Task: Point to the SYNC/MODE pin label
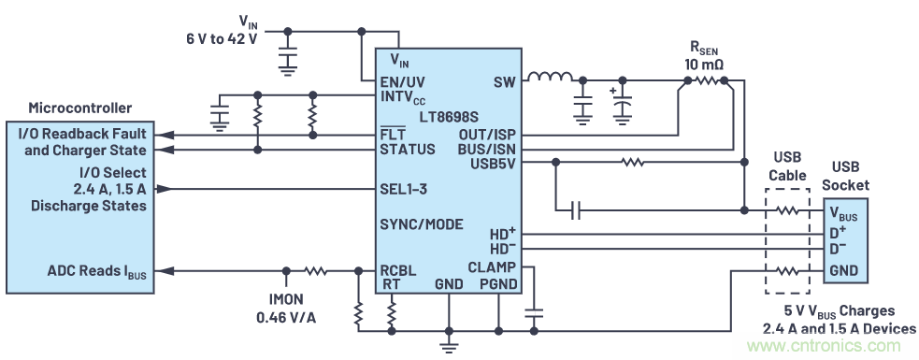421,225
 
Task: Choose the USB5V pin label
492,164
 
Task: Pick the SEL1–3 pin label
403,189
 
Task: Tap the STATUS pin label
407,150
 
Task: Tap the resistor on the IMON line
316,271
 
